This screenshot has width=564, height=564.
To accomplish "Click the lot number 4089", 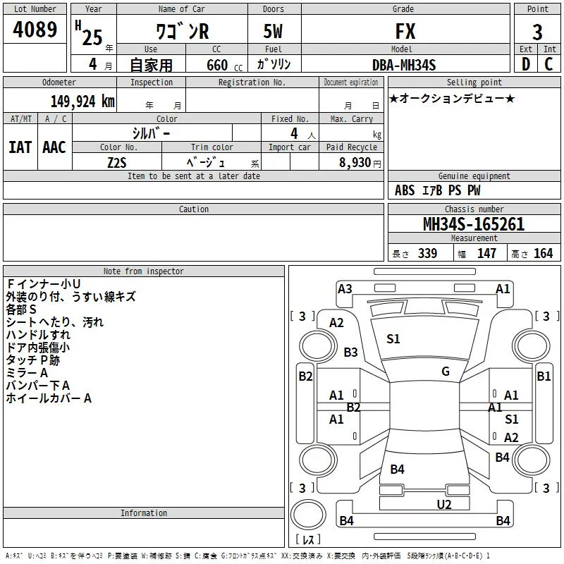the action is [x=35, y=29].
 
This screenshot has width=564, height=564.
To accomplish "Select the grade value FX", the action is [x=405, y=31].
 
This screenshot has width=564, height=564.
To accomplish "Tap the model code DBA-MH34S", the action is [x=404, y=65].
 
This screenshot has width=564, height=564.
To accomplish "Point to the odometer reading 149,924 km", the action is [x=82, y=102].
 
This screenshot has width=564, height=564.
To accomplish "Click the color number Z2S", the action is [x=117, y=163].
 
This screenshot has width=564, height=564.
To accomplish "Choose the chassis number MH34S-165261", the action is [x=474, y=224].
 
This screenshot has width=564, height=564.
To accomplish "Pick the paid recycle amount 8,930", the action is [x=355, y=162].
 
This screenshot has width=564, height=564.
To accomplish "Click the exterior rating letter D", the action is [x=526, y=64].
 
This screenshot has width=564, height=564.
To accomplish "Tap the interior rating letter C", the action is [x=548, y=64].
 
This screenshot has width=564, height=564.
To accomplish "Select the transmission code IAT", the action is [x=20, y=147].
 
